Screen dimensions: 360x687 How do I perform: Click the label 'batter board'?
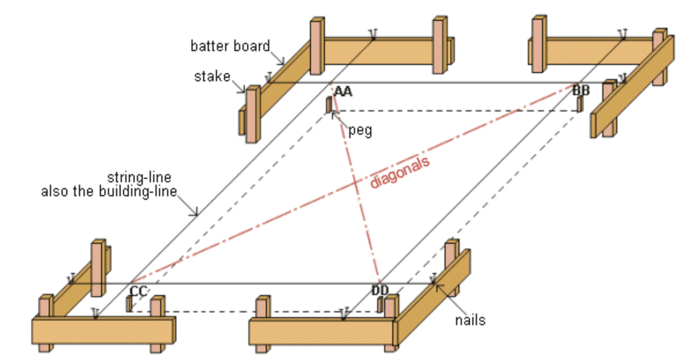pos(230,45)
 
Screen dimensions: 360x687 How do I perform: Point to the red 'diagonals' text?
pos(400,172)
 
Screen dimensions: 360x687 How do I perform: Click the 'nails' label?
pos(471,319)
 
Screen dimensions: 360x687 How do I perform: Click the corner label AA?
pos(343,91)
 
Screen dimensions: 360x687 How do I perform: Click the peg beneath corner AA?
pos(328,105)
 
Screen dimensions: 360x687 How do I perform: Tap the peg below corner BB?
pos(580,103)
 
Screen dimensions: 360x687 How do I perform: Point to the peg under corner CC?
pos(128,304)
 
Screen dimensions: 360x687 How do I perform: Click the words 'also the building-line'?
pos(109,191)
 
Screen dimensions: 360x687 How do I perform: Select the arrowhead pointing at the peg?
pos(334,114)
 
